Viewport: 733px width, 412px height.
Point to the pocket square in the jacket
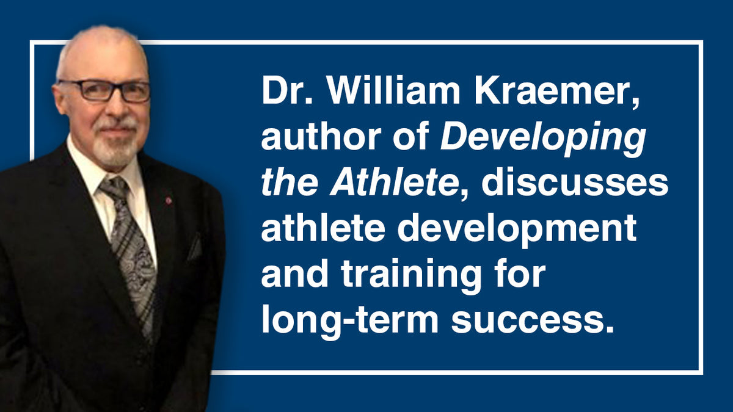195,248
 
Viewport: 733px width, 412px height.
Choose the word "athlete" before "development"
317,229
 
